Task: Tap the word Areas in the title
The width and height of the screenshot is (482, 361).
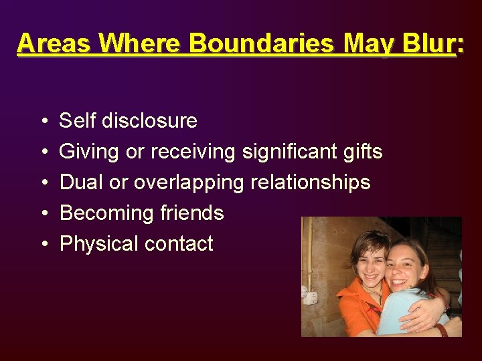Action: click(54, 43)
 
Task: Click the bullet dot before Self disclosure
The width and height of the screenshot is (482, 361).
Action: click(43, 122)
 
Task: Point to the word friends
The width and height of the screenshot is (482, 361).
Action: click(192, 213)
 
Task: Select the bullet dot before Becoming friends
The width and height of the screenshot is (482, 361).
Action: click(43, 214)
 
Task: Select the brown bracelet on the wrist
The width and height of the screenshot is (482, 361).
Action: click(442, 329)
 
